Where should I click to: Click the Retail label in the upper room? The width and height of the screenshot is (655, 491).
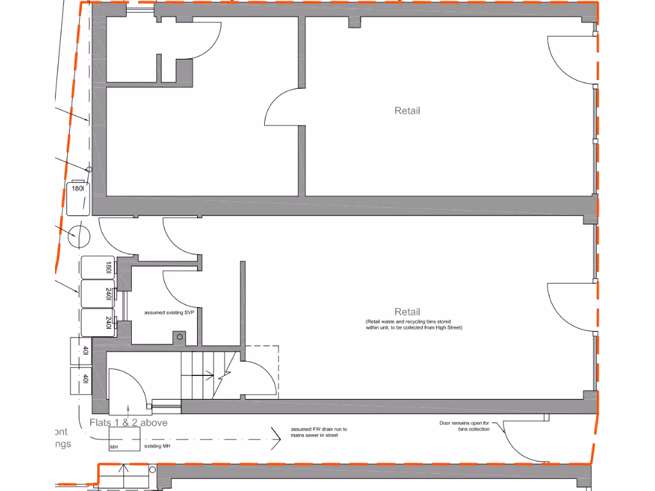pos(407,111)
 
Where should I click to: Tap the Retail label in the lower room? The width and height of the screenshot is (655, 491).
pos(407,312)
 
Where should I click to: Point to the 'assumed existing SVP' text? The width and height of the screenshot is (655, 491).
pos(169,313)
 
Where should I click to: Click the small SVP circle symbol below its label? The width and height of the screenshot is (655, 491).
pos(180,336)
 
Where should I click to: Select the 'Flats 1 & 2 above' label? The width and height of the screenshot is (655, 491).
pos(129,423)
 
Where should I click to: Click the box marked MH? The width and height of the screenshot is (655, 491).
pos(124,440)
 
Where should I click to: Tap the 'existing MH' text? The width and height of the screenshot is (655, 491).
pos(157,447)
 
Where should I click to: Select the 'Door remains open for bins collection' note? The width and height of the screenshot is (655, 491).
pos(464,426)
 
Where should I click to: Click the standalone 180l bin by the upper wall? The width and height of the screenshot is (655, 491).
pos(77,198)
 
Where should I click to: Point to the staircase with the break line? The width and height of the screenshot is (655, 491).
pos(209,376)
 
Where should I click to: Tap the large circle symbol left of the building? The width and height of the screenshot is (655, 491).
pos(80,237)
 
